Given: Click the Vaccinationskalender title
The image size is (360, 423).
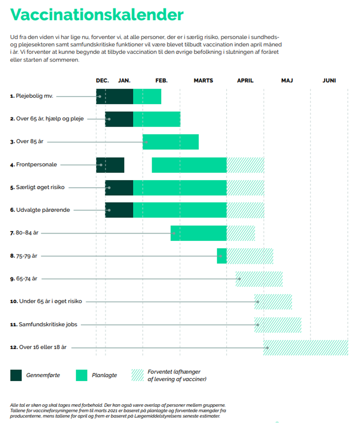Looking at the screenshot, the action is pyautogui.click(x=97, y=14).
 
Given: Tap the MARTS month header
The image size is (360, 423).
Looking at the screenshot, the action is pyautogui.click(x=203, y=80).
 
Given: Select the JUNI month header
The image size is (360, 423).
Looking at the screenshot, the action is pyautogui.click(x=329, y=80).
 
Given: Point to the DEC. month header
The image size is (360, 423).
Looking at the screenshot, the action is pyautogui.click(x=103, y=80).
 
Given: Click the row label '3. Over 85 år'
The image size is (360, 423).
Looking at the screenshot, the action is pyautogui.click(x=26, y=142).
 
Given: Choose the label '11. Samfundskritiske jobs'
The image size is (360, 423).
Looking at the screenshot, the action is pyautogui.click(x=44, y=325).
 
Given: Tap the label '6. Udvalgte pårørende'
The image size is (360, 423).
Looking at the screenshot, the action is pyautogui.click(x=40, y=210).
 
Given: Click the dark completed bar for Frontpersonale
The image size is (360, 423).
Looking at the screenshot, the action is pyautogui.click(x=110, y=165).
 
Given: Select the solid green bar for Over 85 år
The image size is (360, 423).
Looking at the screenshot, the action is pyautogui.click(x=170, y=142).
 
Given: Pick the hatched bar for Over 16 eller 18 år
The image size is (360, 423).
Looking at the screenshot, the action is pyautogui.click(x=306, y=348).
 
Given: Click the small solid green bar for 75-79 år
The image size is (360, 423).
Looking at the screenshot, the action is pyautogui.click(x=222, y=256).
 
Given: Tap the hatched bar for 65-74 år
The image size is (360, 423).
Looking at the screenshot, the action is pyautogui.click(x=259, y=279).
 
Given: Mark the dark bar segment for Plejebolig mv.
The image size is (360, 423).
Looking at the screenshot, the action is pyautogui.click(x=115, y=96).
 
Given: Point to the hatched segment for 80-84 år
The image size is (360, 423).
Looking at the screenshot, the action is pyautogui.click(x=241, y=233).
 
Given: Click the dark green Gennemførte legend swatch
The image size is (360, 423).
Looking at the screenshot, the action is pyautogui.click(x=16, y=375).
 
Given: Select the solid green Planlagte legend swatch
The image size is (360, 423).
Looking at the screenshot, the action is pyautogui.click(x=82, y=375).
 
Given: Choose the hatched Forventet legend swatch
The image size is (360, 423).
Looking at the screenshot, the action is pyautogui.click(x=138, y=375).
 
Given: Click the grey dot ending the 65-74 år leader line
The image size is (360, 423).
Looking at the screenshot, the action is pyautogui.click(x=239, y=279).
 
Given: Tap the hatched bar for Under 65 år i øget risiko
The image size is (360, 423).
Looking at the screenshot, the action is pyautogui.click(x=273, y=302).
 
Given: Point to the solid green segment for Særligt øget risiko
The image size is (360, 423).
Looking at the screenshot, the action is pyautogui.click(x=180, y=188).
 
